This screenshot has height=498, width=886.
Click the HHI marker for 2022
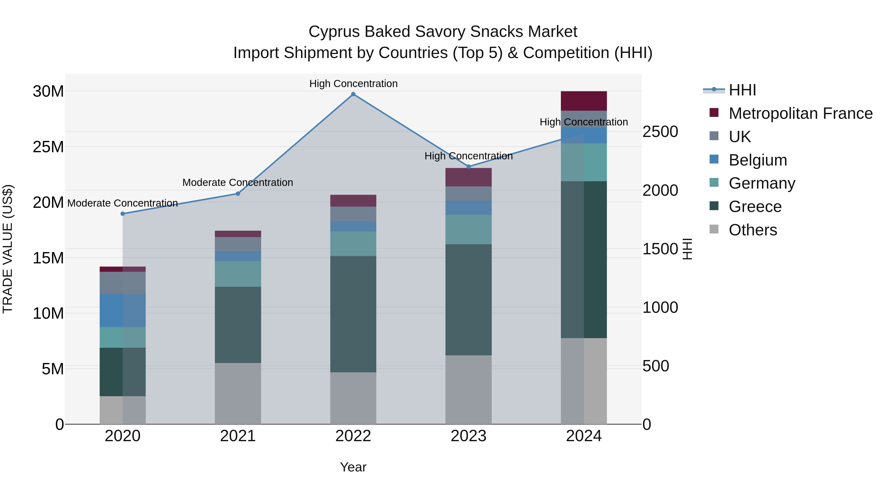coord(353,94)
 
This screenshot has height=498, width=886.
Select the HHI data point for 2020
coord(123,214)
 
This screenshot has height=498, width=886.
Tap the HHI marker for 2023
coord(468,167)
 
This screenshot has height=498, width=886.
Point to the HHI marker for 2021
coord(238,194)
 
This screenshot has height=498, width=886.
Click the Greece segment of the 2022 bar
coord(353,314)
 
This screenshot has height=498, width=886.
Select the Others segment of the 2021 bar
coord(238,393)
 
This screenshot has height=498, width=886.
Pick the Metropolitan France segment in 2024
coord(584,101)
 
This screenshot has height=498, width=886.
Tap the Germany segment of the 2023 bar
coord(468,230)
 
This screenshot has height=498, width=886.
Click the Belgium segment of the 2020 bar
coord(123,310)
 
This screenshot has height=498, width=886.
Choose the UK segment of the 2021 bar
coord(238,244)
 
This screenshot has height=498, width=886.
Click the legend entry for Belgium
coord(758,160)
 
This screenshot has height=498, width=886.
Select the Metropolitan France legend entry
coord(800,113)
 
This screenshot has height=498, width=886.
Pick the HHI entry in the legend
coord(742,90)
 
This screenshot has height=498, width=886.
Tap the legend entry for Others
coord(753,230)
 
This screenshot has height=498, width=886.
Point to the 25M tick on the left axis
coord(48,147)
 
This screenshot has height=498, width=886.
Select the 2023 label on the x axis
coord(468,436)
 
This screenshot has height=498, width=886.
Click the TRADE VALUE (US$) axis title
coord(8,249)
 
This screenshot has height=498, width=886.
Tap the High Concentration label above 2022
coord(353,84)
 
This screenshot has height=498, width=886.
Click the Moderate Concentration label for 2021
coord(238,182)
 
